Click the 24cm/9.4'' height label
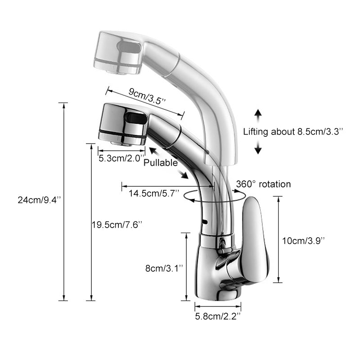point(36,201)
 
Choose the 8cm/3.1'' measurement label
point(164,268)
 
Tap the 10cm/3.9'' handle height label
point(303,240)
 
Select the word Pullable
point(161,163)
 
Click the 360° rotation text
point(264,184)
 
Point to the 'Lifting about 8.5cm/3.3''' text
point(293,132)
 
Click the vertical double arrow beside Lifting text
point(258,131)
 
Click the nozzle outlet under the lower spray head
point(121,142)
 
